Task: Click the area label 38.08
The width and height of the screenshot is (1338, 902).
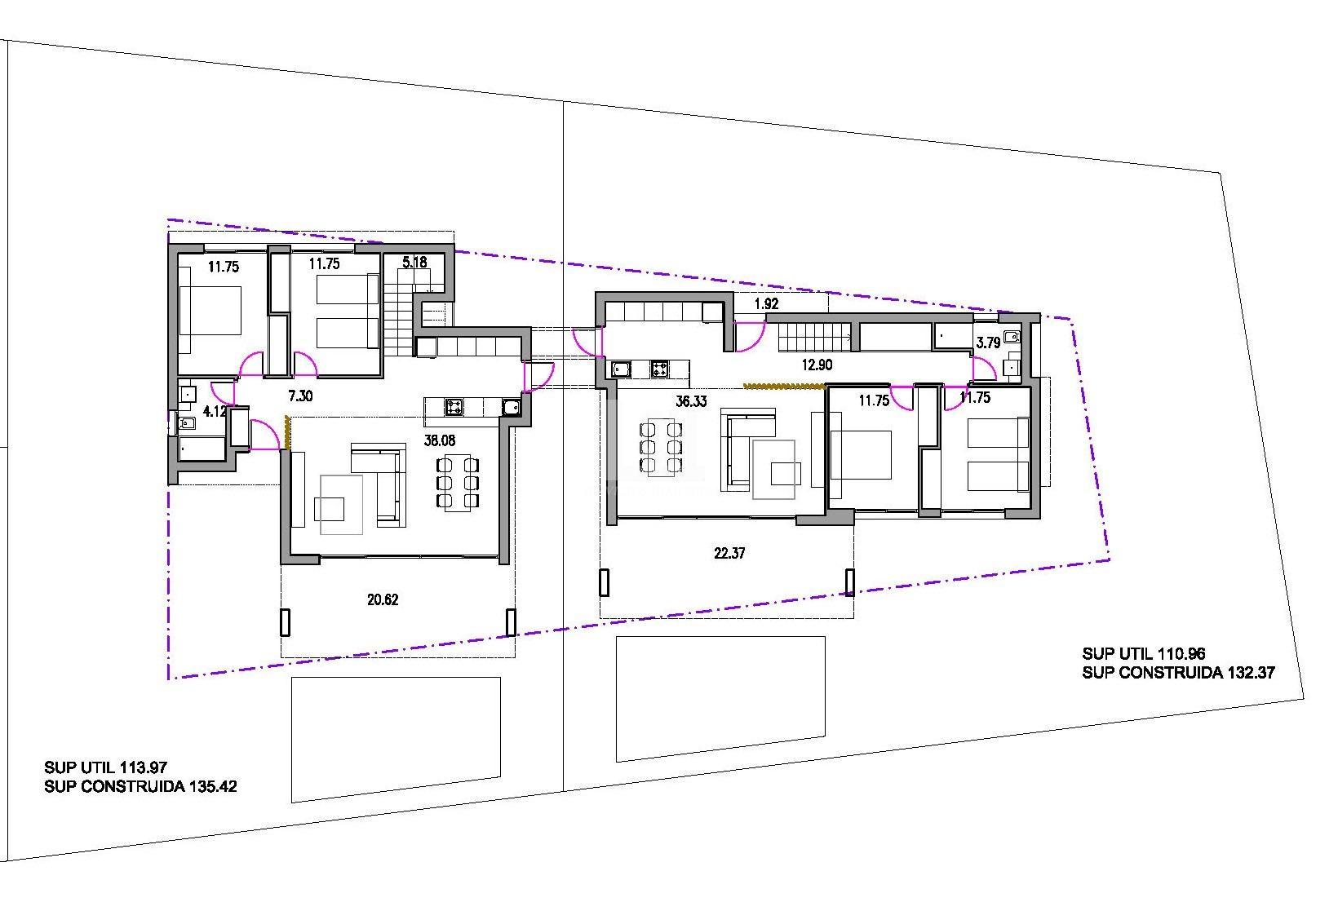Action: pyautogui.click(x=440, y=440)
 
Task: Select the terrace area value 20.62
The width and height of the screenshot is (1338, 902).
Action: pyautogui.click(x=383, y=600)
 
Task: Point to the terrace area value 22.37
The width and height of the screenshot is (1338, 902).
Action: pyautogui.click(x=729, y=554)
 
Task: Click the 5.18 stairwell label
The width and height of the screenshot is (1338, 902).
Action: pyautogui.click(x=414, y=263)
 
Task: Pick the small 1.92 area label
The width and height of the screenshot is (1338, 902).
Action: pyautogui.click(x=766, y=304)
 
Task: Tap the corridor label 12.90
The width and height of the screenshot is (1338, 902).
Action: pyautogui.click(x=816, y=365)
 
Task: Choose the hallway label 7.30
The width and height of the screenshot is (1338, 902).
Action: pyautogui.click(x=301, y=396)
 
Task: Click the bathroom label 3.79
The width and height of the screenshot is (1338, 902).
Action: pyautogui.click(x=988, y=343)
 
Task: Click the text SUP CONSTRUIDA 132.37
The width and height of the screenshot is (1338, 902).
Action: pyautogui.click(x=1178, y=673)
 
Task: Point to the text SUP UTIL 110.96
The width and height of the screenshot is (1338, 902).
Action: pyautogui.click(x=1143, y=654)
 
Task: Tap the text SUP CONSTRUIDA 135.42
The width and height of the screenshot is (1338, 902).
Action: pyautogui.click(x=140, y=787)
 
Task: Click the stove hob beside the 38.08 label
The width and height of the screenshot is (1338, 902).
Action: pyautogui.click(x=454, y=406)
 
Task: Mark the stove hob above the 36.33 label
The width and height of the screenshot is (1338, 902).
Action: pyautogui.click(x=660, y=369)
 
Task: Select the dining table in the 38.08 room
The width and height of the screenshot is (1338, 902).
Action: pyautogui.click(x=457, y=483)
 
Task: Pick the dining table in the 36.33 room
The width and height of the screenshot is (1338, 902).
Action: pyautogui.click(x=661, y=447)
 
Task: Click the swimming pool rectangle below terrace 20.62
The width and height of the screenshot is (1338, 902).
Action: pyautogui.click(x=397, y=738)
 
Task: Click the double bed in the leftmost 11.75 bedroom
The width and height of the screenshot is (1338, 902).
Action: pyautogui.click(x=210, y=311)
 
